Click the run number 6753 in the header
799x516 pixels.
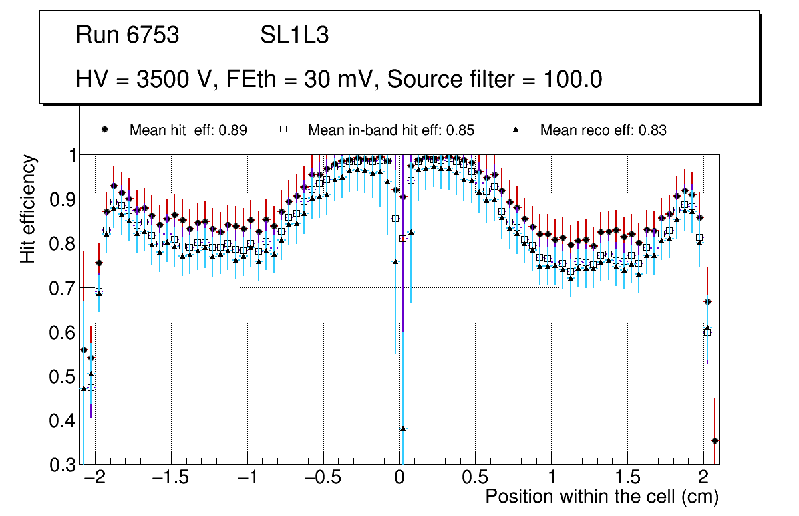click(153, 35)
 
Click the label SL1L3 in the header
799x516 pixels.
click(294, 35)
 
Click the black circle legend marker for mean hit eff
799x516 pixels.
click(104, 130)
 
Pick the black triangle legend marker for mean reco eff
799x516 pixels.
click(516, 130)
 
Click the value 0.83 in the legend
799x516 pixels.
click(652, 130)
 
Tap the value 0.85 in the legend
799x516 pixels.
click(460, 130)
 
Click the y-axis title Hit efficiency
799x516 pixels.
click(28, 209)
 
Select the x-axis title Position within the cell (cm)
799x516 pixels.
click(601, 497)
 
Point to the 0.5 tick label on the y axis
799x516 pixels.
click(63, 376)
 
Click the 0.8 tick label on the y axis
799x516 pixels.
click(63, 244)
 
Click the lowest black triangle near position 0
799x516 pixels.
click(403, 428)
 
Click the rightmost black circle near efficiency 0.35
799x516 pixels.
click(715, 440)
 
